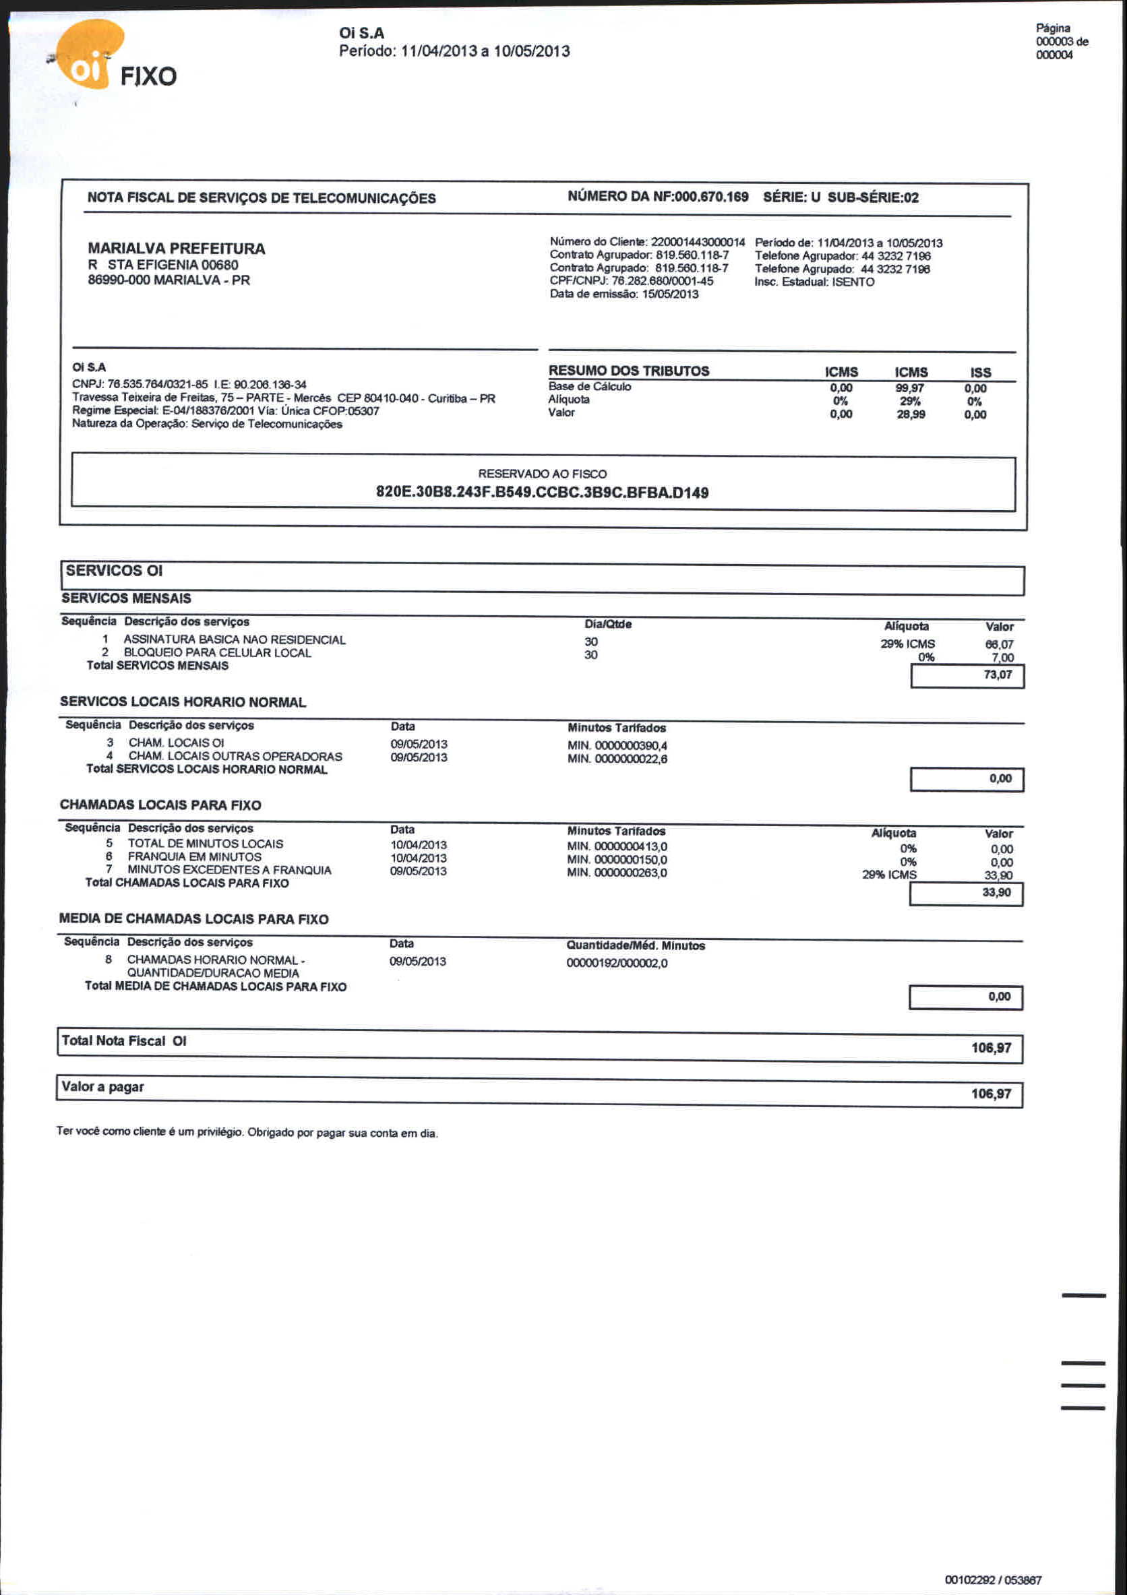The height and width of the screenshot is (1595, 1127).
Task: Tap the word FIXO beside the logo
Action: (x=148, y=75)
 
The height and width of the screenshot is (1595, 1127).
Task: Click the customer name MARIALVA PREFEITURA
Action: (x=177, y=248)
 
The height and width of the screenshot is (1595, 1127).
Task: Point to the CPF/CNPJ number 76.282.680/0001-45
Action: (x=662, y=282)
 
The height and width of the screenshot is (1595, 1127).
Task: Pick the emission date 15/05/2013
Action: (x=670, y=294)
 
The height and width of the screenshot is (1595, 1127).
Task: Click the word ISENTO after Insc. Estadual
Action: (x=853, y=282)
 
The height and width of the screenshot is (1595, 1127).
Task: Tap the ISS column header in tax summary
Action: (x=980, y=373)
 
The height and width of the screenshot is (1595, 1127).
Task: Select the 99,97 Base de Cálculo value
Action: (x=909, y=387)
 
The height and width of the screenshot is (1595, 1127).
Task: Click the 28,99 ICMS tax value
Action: (x=910, y=414)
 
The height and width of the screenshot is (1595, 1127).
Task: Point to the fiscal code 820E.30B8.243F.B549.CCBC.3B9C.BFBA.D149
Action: (x=542, y=493)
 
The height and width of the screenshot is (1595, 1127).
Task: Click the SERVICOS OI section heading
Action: (x=114, y=570)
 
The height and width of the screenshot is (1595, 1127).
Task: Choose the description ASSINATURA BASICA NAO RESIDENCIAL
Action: (x=234, y=639)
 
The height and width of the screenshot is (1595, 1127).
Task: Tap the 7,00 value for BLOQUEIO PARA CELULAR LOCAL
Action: (x=1002, y=657)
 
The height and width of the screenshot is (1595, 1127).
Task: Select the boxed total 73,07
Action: (x=998, y=675)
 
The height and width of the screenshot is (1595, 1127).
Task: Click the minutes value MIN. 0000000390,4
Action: (x=617, y=745)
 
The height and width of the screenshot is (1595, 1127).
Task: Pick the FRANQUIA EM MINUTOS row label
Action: (x=195, y=857)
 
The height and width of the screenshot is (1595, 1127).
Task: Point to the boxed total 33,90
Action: (x=996, y=893)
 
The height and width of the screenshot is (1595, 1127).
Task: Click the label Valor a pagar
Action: (x=103, y=1087)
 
